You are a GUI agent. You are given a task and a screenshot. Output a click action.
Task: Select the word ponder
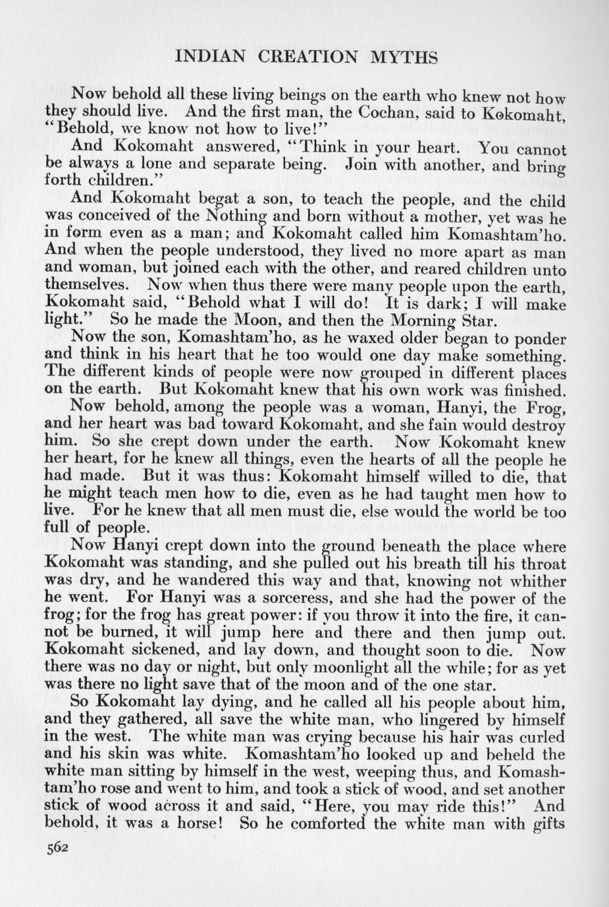pos(537,339)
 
